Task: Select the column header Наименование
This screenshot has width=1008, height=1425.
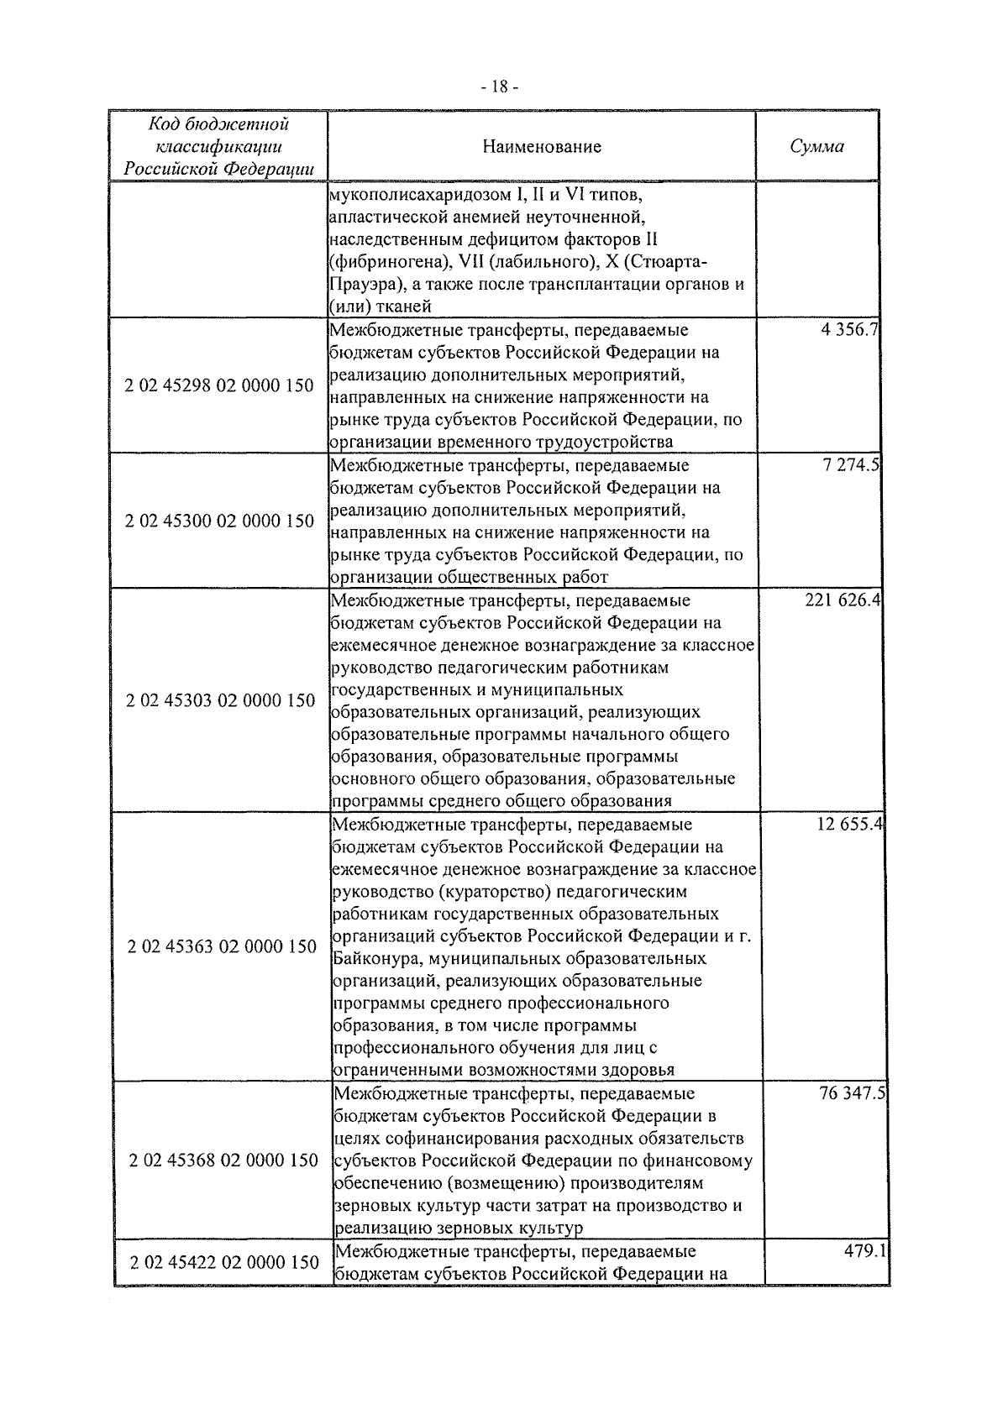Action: (x=542, y=147)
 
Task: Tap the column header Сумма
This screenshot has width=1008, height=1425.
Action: (x=817, y=147)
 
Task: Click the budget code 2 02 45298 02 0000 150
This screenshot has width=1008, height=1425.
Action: (x=219, y=386)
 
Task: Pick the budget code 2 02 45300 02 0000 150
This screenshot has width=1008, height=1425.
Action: (x=219, y=521)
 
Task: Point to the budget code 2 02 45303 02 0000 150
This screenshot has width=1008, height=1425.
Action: (x=220, y=701)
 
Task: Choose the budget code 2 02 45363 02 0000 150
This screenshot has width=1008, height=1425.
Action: (x=222, y=947)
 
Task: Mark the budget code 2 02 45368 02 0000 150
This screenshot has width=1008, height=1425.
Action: (x=223, y=1160)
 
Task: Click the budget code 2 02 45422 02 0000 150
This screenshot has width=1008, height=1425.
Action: (x=224, y=1263)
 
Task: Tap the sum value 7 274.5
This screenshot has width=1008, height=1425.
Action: (x=851, y=465)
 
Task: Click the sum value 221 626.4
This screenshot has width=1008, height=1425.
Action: (x=842, y=601)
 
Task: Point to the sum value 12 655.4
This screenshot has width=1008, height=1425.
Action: (x=848, y=825)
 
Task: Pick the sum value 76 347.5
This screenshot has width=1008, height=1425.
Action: (x=850, y=1094)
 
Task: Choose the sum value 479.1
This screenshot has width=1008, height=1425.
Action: (x=865, y=1251)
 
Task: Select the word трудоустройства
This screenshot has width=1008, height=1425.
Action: (x=603, y=442)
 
